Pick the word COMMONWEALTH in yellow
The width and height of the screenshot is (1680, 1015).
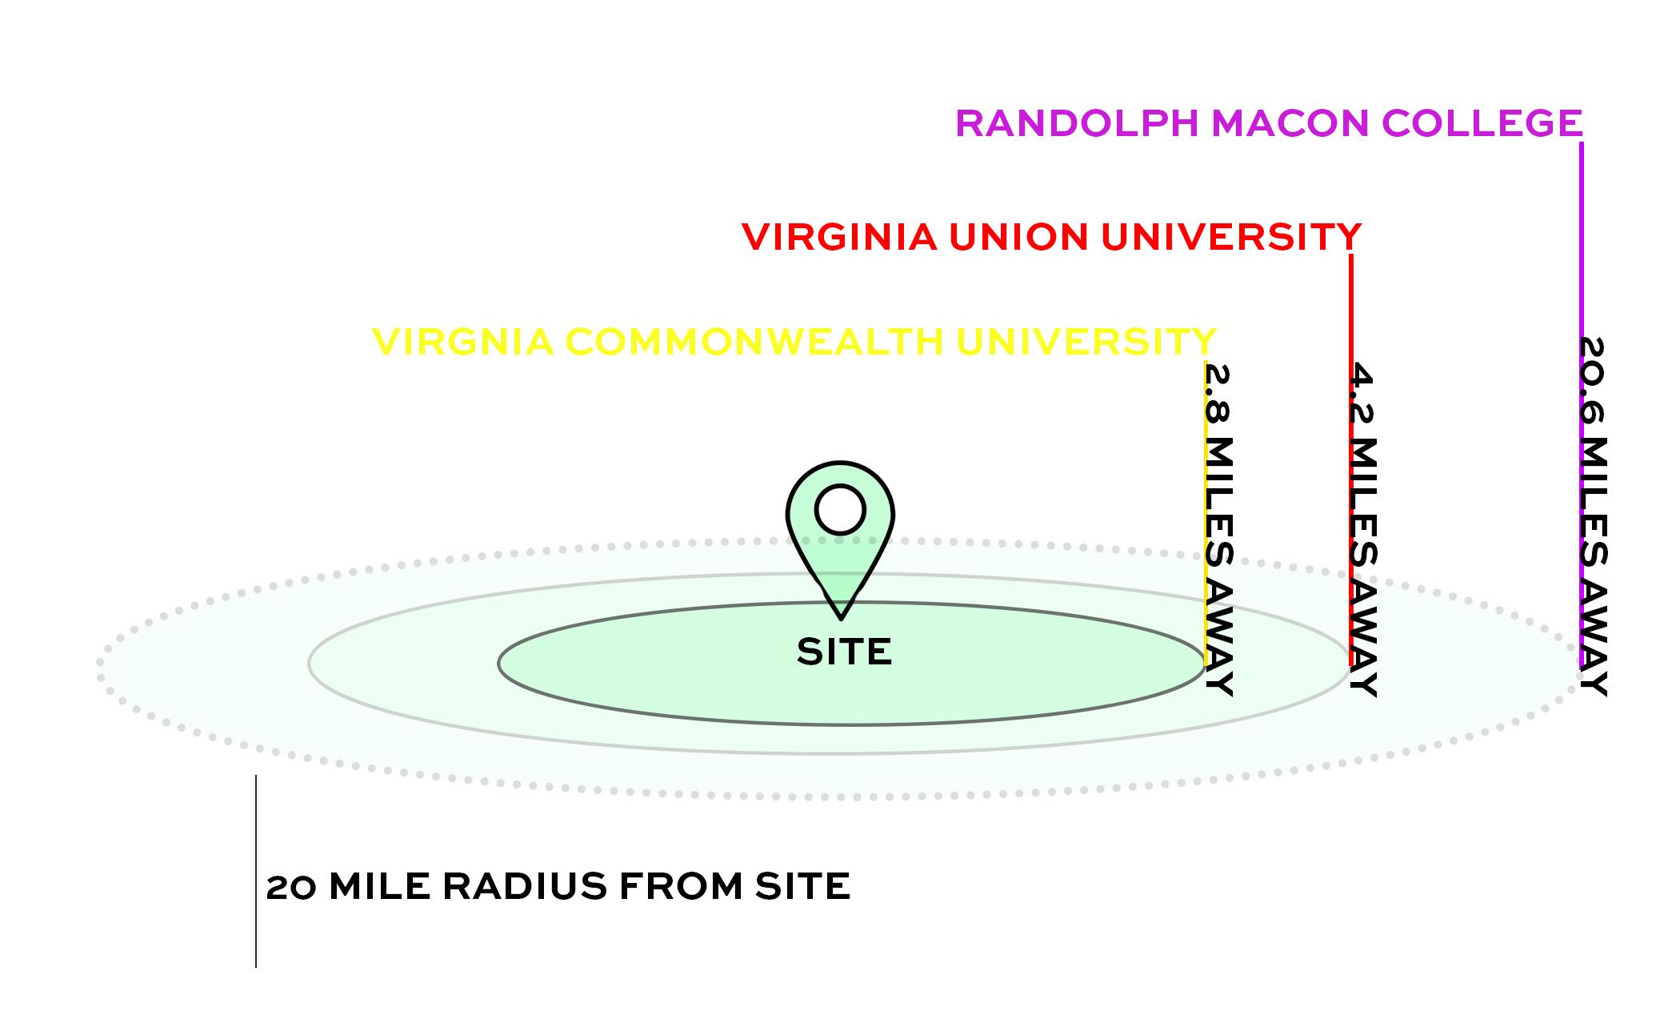pyautogui.click(x=755, y=342)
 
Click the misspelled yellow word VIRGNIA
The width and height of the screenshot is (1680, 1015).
pyautogui.click(x=463, y=342)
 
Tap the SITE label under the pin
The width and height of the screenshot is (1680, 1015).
pyautogui.click(x=844, y=652)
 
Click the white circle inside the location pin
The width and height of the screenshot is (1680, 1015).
pyautogui.click(x=840, y=509)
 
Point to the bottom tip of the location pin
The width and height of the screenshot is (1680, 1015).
pyautogui.click(x=841, y=616)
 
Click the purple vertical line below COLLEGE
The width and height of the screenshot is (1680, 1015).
pyautogui.click(x=1582, y=240)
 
